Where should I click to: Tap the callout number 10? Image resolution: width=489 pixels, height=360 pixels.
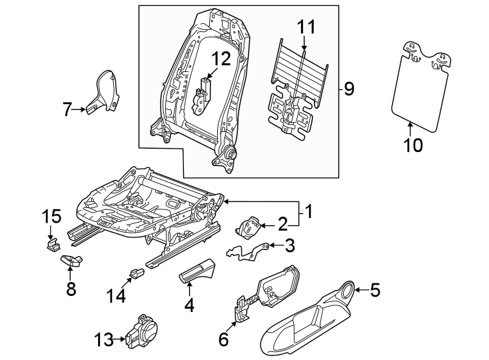413,145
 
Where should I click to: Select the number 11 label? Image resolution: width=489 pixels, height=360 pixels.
304,27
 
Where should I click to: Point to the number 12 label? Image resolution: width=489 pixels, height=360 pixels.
221,58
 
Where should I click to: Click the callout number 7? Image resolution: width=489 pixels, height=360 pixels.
66,109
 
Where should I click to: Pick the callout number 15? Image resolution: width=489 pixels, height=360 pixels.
52,217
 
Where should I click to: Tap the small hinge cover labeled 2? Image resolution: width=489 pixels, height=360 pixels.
252,227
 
